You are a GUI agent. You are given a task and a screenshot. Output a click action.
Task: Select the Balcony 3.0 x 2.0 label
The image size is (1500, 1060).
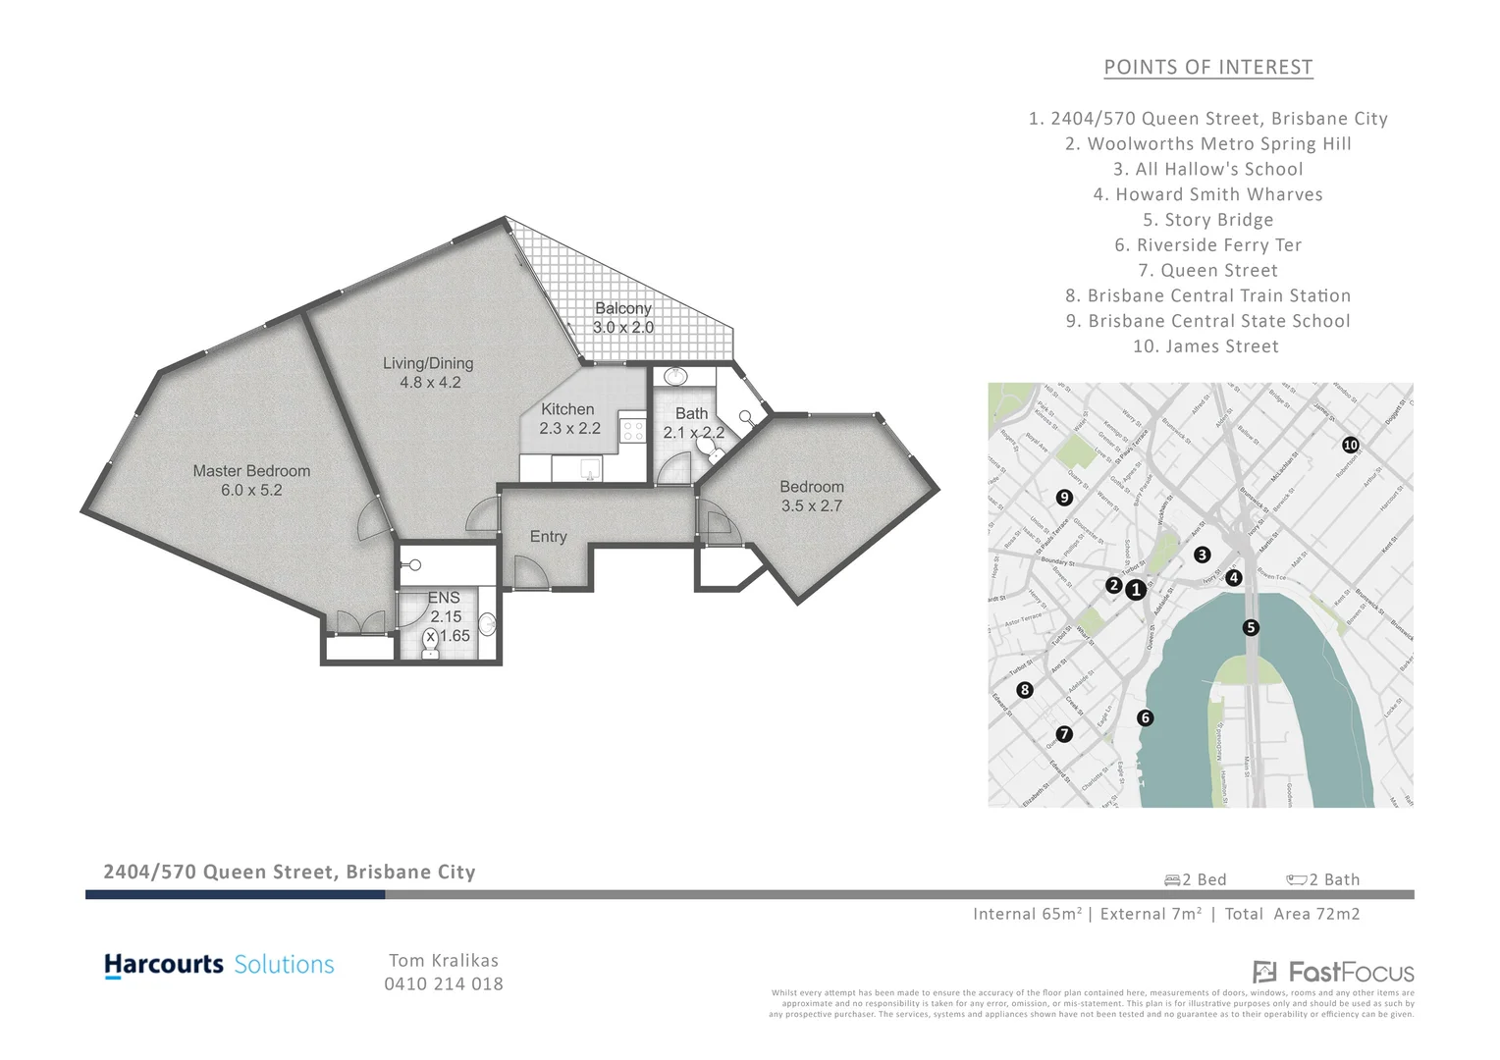point(622,318)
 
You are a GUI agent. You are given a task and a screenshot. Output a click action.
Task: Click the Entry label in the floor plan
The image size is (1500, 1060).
point(548,537)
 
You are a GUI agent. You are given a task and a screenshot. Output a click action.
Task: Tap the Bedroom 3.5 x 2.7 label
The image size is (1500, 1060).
point(812,496)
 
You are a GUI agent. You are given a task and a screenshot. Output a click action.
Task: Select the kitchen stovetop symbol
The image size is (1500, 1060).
point(632,430)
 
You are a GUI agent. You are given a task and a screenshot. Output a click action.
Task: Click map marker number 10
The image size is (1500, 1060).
point(1351,445)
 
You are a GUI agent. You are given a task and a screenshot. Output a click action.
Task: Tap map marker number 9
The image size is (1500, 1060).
point(1064,498)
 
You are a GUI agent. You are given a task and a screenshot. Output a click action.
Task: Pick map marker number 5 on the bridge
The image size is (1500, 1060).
point(1250,627)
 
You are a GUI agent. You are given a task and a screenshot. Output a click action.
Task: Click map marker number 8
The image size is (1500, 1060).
point(1025,690)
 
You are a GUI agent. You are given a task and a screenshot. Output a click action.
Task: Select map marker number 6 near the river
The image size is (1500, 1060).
point(1145,717)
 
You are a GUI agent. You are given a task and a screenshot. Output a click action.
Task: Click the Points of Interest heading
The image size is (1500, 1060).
point(1207,68)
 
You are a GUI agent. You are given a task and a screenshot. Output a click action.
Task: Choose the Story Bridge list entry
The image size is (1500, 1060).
point(1207,220)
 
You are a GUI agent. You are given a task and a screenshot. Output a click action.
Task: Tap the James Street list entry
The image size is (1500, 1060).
point(1205,346)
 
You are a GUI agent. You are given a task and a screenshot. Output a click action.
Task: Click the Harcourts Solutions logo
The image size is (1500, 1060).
point(219,965)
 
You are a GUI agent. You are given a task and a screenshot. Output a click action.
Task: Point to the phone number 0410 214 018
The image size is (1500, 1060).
point(443,983)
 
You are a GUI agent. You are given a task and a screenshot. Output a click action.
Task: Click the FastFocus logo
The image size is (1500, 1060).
point(1333,973)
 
